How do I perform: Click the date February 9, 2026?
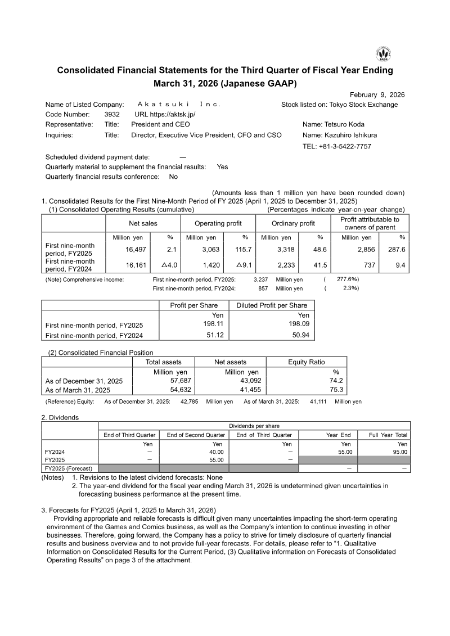(x=377, y=95)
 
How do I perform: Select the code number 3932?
(x=112, y=114)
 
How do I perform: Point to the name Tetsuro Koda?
(x=342, y=124)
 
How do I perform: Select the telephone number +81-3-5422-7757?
(x=337, y=146)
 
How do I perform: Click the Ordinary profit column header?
(x=293, y=223)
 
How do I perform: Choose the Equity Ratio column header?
(x=306, y=362)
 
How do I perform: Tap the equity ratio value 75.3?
(x=336, y=390)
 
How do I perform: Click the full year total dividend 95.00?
(x=397, y=452)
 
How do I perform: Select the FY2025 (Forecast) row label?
(x=68, y=468)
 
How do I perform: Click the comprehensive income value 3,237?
(x=260, y=279)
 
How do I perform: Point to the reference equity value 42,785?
(x=189, y=402)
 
